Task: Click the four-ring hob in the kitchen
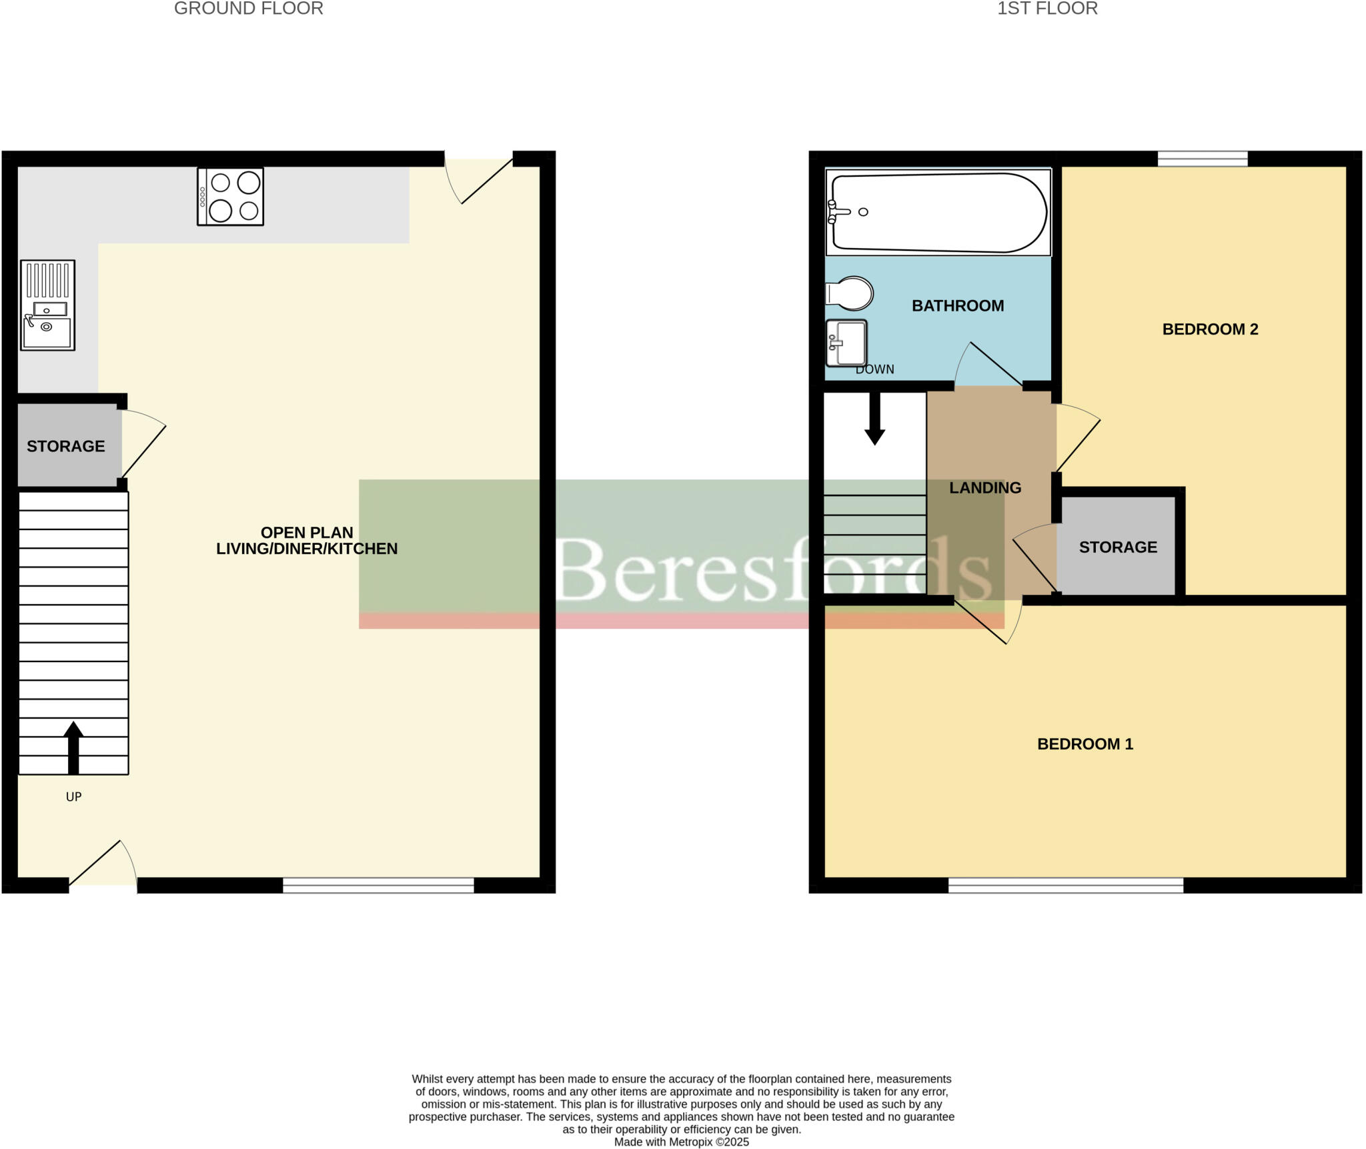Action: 230,196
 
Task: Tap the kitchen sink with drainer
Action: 47,305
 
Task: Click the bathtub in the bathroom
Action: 937,212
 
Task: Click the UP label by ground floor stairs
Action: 73,796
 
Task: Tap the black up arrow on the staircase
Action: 73,748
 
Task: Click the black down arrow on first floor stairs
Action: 874,419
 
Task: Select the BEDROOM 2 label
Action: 1209,329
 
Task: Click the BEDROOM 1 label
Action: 1085,744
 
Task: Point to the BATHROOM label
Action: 957,305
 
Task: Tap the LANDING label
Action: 984,487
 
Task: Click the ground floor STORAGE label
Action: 65,446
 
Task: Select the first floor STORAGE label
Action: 1117,547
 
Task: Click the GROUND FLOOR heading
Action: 248,9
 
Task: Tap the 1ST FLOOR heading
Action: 1047,9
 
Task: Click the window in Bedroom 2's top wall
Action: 1202,159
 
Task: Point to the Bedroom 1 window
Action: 1065,885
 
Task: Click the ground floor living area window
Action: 378,885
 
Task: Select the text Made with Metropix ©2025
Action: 681,1142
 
